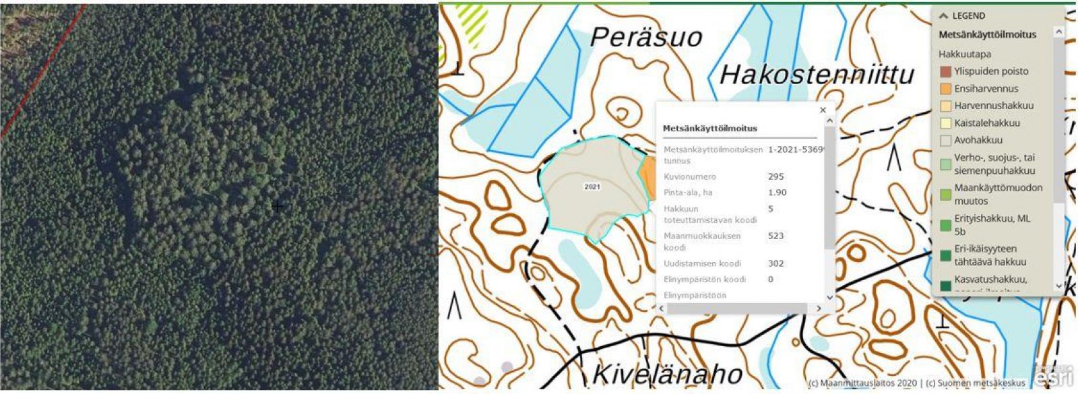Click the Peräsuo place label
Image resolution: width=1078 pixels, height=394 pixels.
click(x=645, y=37)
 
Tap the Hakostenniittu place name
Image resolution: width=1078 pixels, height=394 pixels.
click(x=817, y=74)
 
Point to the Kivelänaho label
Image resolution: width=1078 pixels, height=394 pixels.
click(x=667, y=374)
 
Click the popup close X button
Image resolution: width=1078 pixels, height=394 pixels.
click(x=823, y=110)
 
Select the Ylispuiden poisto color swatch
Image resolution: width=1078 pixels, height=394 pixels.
click(x=945, y=71)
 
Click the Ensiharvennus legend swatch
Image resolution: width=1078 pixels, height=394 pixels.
click(x=945, y=89)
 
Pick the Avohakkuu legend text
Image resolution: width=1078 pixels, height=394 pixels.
click(x=978, y=140)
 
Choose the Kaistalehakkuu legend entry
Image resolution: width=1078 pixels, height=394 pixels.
click(x=986, y=123)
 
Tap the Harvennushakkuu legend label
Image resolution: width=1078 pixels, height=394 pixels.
click(x=993, y=106)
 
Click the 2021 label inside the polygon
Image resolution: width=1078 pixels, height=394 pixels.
click(x=592, y=187)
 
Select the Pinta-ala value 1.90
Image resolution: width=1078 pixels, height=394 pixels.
click(x=777, y=193)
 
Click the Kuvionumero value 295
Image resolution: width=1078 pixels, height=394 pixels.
click(x=775, y=176)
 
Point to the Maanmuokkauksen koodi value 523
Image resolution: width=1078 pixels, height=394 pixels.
click(x=775, y=236)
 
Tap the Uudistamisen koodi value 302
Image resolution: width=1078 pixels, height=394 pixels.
click(x=775, y=263)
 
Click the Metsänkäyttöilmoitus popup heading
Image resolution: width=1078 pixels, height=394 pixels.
click(x=709, y=128)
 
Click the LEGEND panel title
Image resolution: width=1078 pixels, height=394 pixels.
click(x=968, y=15)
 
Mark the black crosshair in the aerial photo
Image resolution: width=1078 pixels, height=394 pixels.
click(x=277, y=206)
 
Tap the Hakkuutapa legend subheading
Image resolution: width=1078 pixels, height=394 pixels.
click(x=964, y=54)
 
